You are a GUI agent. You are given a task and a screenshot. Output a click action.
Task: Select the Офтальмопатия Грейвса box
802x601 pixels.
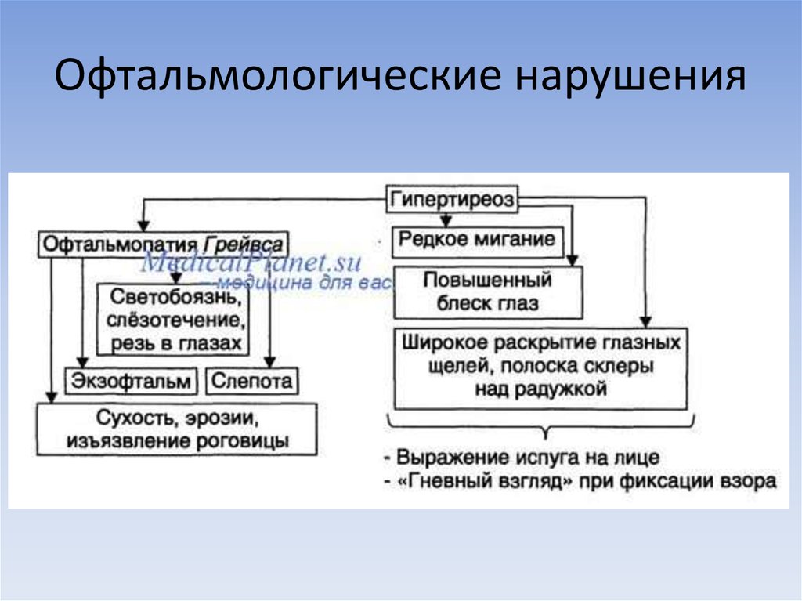click(x=163, y=242)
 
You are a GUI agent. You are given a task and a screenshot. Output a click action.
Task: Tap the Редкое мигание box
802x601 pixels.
click(x=477, y=239)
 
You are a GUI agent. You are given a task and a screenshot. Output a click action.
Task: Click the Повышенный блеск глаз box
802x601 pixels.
click(x=487, y=291)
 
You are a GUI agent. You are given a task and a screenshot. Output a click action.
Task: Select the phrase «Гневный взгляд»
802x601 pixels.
click(x=486, y=481)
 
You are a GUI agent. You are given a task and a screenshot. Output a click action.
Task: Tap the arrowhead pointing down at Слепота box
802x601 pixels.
click(x=269, y=362)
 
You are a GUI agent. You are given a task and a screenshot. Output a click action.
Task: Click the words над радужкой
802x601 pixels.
click(x=540, y=389)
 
